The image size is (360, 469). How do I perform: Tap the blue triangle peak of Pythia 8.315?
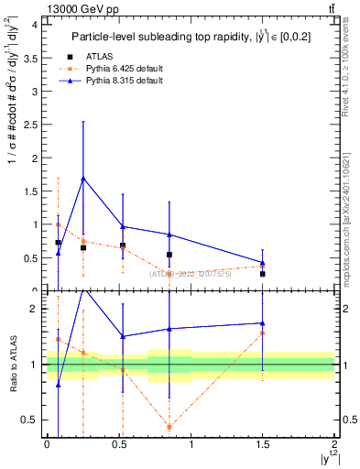pyautogui.click(x=83, y=179)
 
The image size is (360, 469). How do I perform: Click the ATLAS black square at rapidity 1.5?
pyautogui.click(x=262, y=274)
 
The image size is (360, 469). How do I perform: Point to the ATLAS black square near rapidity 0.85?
pyautogui.click(x=169, y=255)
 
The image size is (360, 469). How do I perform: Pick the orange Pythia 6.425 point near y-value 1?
pyautogui.click(x=58, y=224)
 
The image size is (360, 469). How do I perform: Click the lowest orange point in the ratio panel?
pyautogui.click(x=169, y=427)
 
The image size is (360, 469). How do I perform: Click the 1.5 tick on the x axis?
pyautogui.click(x=263, y=444)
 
